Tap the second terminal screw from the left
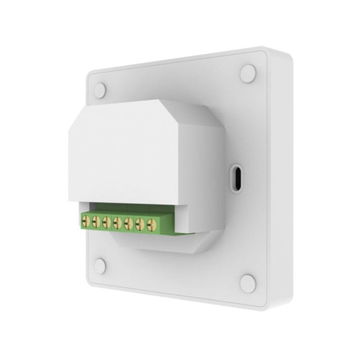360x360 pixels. [96, 221]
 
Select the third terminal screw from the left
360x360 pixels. [106, 222]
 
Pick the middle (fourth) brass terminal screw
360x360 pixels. [117, 223]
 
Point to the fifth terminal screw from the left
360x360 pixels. [128, 224]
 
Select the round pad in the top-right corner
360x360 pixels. [248, 73]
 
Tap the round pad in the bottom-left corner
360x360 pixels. [100, 266]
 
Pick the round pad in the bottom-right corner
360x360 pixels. [248, 283]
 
